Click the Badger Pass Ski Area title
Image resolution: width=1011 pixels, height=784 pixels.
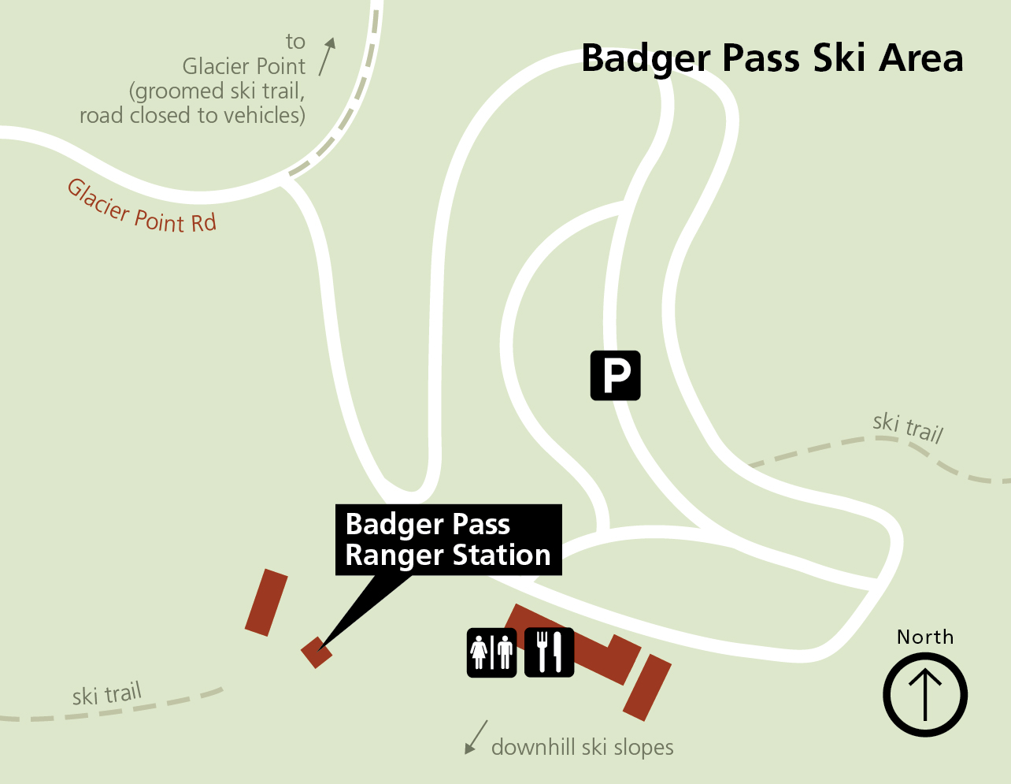tap(772, 58)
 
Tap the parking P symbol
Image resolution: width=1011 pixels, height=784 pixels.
tap(616, 375)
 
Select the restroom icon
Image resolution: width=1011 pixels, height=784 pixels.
tap(492, 652)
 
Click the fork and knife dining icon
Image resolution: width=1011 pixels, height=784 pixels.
tap(549, 652)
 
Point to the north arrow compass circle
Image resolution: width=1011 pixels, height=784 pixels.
tap(925, 695)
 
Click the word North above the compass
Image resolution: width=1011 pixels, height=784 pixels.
tap(925, 637)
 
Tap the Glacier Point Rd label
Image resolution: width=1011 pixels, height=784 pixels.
tap(142, 207)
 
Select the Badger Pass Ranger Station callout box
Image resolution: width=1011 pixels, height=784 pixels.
tap(449, 540)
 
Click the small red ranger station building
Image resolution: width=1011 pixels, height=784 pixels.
tap(316, 652)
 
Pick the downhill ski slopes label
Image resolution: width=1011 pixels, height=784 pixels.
tap(583, 747)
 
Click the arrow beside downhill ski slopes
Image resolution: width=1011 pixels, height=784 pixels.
tap(476, 737)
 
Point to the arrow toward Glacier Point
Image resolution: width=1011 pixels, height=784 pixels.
tap(328, 56)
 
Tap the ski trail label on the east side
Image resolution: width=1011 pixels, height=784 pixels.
tap(908, 427)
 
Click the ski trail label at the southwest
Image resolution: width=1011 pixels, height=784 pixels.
tap(107, 694)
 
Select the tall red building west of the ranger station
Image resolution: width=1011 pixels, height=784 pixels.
tap(266, 602)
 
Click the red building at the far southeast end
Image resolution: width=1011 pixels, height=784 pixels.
tap(647, 687)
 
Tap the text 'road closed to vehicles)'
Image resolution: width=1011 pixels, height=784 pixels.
tap(192, 116)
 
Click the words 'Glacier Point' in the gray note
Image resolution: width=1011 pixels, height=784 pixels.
tap(244, 66)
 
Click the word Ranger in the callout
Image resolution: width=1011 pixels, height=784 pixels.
tap(394, 555)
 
